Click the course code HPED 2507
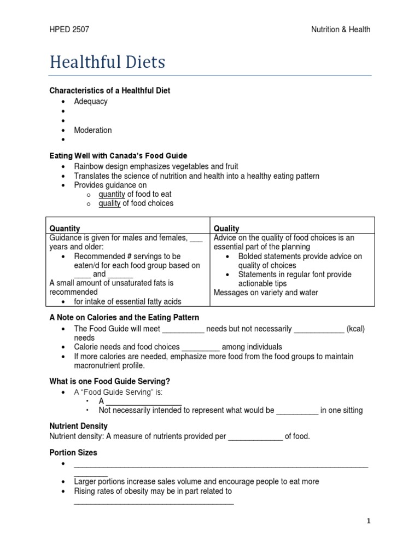point(69,30)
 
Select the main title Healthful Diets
point(107,62)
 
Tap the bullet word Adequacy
point(91,101)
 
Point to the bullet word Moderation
point(93,130)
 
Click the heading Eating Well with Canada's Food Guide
point(118,156)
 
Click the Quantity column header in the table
point(65,229)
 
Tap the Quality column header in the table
point(226,229)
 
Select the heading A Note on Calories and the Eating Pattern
point(124,317)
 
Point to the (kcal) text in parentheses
point(357,329)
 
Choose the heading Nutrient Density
point(78,425)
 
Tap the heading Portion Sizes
point(73,453)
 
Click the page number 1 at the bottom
point(369,521)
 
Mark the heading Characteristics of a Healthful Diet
point(110,90)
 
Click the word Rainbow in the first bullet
point(89,166)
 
